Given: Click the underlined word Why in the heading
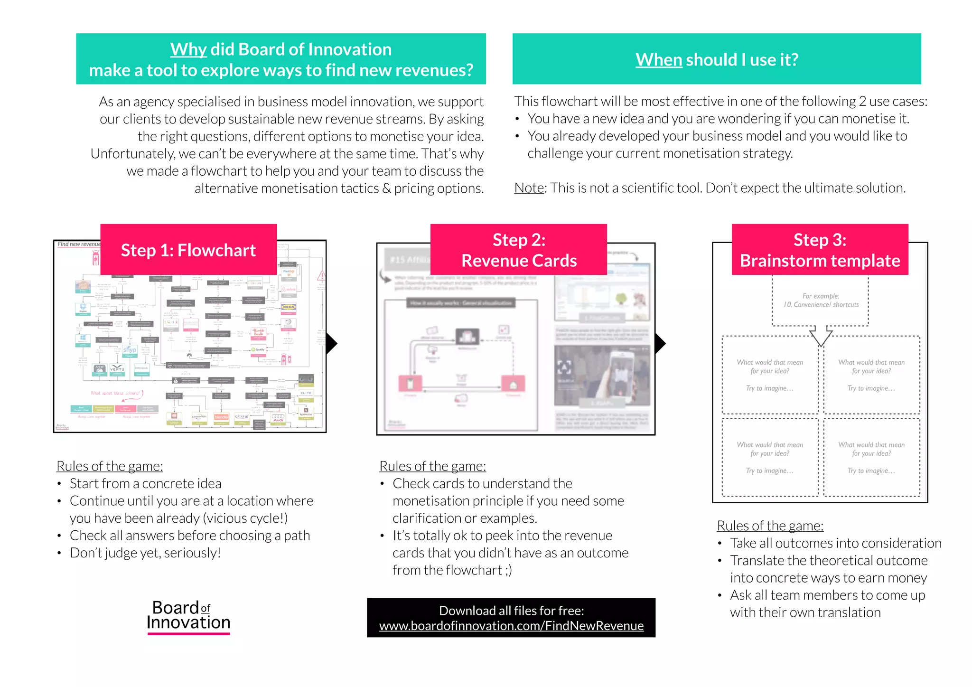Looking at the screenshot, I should point(188,49).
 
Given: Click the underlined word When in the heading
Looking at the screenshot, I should point(658,60).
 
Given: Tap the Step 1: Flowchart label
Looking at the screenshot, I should point(188,250).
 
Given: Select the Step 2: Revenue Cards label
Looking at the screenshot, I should point(519,250).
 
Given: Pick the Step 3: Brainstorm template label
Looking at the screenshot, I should point(820,250).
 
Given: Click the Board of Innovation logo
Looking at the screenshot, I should point(188,616).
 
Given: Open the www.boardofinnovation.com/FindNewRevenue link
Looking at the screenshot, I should point(511,626).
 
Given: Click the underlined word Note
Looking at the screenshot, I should point(529,188).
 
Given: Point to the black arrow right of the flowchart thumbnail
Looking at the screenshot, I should point(332,343).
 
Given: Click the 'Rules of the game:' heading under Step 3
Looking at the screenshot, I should point(770,526).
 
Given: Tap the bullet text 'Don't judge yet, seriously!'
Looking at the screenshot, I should point(145,553).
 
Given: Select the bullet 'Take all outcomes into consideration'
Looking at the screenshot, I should point(835,543).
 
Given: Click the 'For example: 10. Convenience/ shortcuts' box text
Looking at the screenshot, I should point(821,301).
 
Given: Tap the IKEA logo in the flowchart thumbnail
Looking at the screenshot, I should point(289,307).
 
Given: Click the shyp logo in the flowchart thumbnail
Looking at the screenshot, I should point(130,350).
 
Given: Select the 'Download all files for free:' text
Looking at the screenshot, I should point(511,611).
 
